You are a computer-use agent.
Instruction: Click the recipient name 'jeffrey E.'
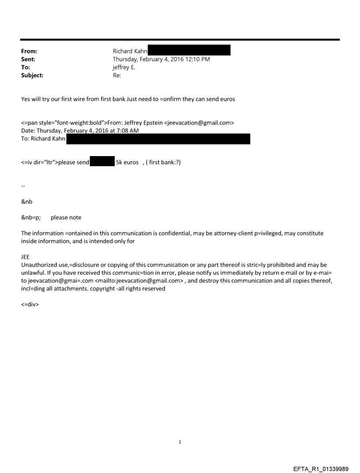click(126, 67)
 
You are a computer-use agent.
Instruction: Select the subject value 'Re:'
click(117, 75)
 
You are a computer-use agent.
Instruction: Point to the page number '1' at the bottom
click(180, 442)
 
